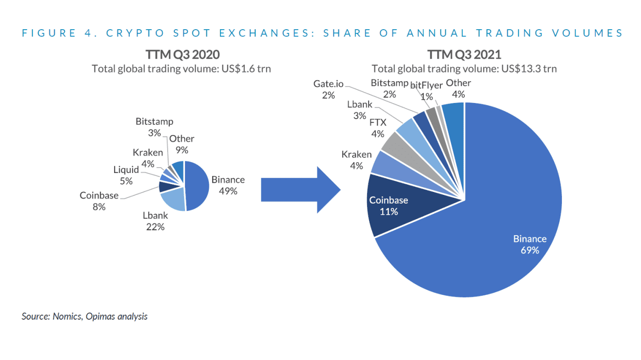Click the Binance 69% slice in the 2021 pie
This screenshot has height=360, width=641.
tap(486, 233)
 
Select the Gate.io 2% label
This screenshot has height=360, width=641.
tap(328, 89)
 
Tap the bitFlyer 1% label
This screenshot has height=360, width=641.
tap(426, 91)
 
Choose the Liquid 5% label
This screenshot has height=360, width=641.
tap(126, 175)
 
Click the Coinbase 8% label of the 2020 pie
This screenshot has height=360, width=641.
tap(99, 201)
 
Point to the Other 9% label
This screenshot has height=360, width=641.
tap(182, 144)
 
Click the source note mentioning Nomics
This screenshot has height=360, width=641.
tap(84, 316)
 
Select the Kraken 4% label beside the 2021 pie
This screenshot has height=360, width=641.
tap(356, 160)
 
